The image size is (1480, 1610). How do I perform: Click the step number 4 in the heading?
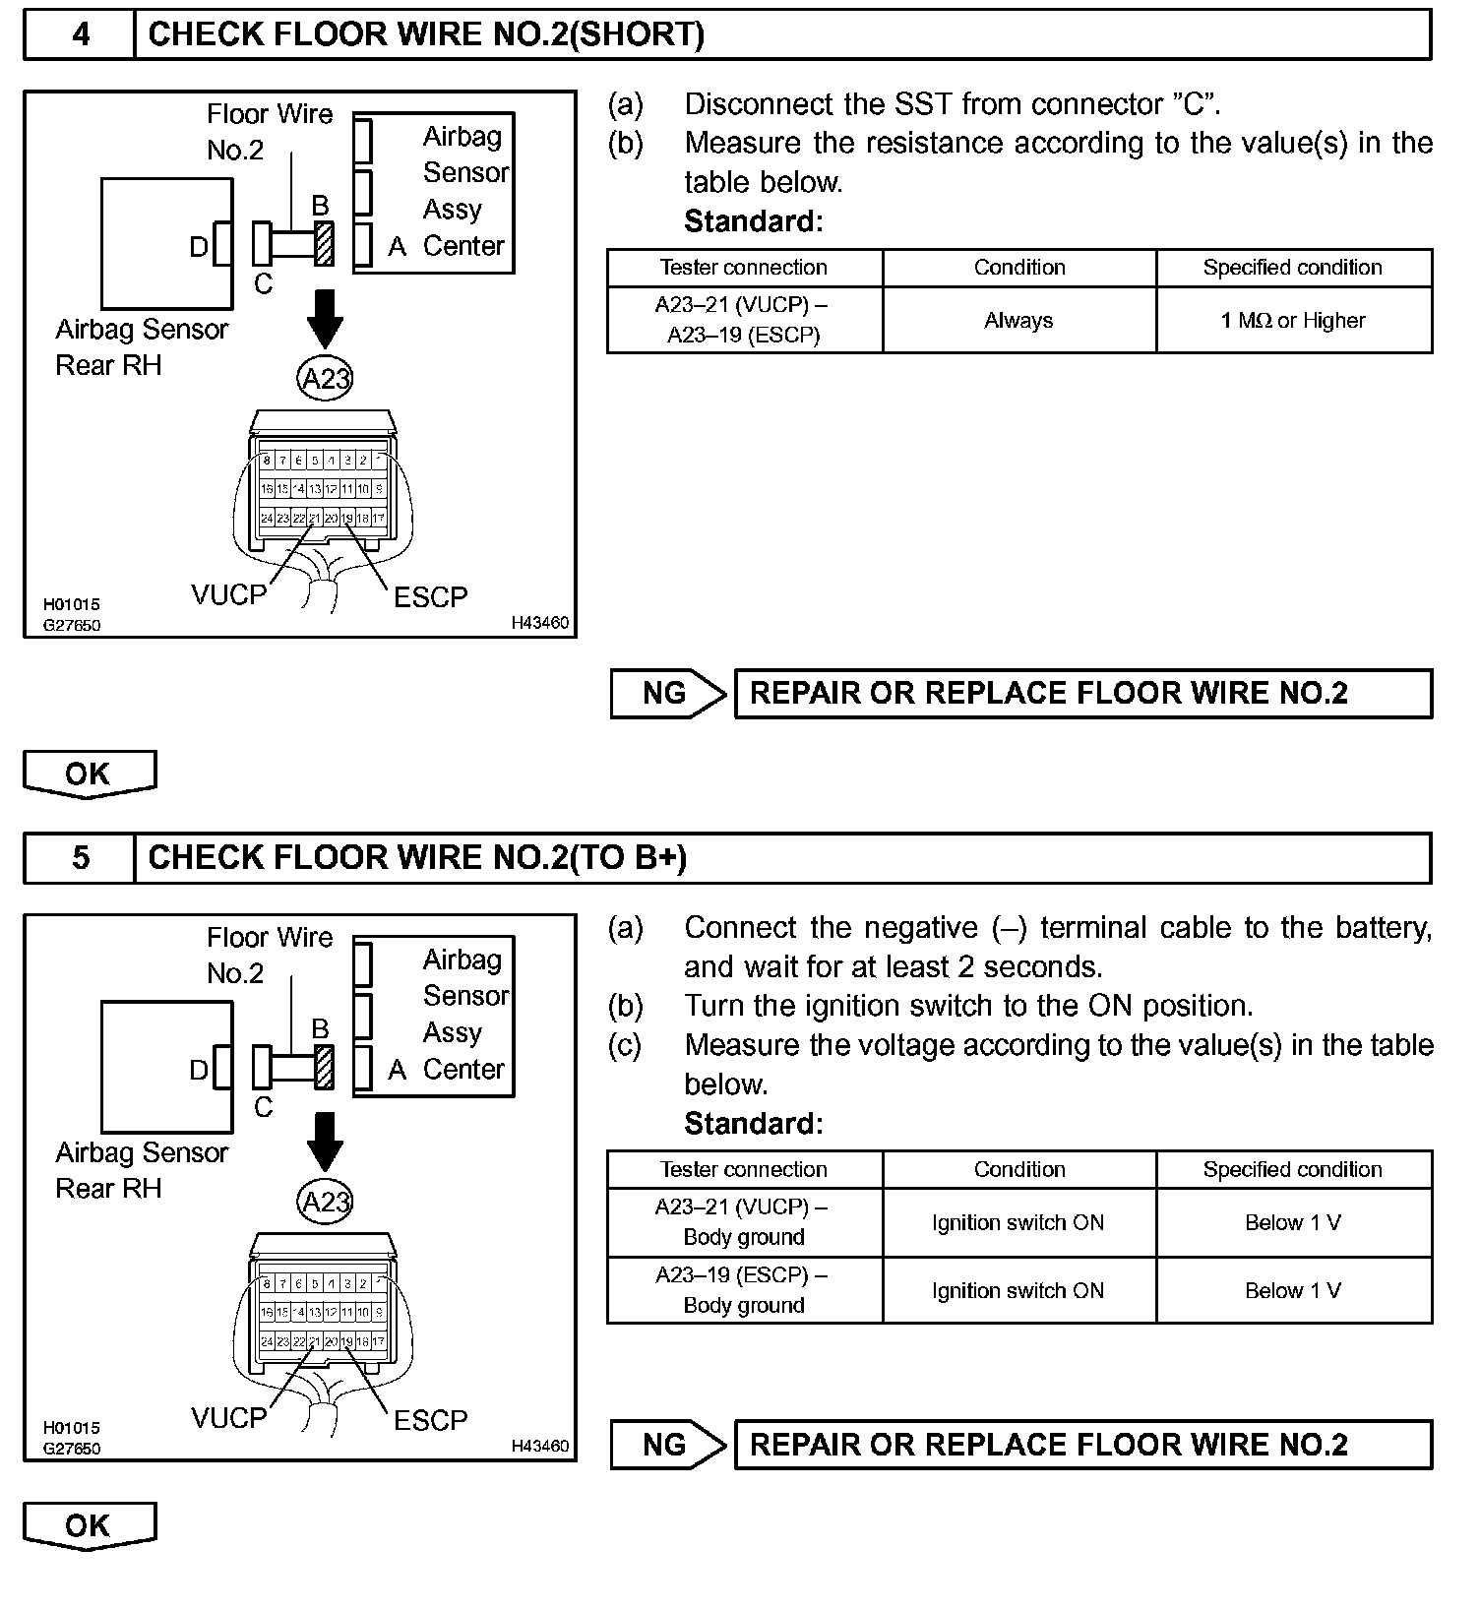point(81,34)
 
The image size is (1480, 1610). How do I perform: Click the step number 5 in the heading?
point(81,857)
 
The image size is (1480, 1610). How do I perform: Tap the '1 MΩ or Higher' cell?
point(1293,320)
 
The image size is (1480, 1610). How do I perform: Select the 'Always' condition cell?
point(1018,320)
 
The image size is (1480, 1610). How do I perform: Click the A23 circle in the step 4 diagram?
point(325,378)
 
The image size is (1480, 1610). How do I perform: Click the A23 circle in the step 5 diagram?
point(325,1202)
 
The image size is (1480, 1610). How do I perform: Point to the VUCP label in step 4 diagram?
point(229,594)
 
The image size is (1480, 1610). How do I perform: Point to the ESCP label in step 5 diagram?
point(430,1420)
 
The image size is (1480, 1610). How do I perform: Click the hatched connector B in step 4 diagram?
point(324,243)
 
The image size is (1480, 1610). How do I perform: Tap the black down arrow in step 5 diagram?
point(325,1143)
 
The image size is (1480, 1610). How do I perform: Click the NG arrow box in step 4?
point(667,693)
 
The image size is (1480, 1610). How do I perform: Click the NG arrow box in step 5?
point(667,1445)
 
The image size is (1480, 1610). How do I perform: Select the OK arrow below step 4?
point(89,774)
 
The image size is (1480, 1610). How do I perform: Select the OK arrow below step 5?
point(89,1525)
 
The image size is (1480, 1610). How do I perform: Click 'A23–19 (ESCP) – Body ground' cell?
point(744,1290)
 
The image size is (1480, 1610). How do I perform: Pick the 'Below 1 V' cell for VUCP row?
point(1293,1222)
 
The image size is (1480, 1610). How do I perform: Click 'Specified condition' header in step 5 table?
point(1293,1169)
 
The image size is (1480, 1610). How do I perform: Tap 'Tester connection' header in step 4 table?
point(744,268)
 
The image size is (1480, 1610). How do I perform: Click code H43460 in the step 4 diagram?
point(539,623)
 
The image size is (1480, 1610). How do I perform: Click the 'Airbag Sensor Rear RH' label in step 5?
point(141,1171)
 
